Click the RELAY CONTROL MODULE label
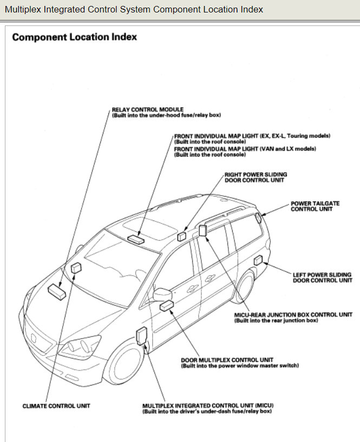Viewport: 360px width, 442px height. [147, 109]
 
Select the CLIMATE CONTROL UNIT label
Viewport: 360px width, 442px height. [56, 406]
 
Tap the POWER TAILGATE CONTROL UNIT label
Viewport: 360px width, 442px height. [315, 206]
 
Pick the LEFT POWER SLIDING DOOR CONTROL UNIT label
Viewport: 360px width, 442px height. [322, 277]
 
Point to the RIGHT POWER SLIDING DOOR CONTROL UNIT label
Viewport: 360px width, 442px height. [256, 178]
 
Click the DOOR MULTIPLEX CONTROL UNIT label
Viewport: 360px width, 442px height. [227, 360]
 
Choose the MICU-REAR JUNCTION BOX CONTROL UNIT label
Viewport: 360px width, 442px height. [293, 315]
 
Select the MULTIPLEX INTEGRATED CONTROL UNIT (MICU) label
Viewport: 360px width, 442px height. [207, 405]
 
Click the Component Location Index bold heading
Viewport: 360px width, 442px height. [74, 37]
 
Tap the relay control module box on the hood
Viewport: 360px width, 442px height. [56, 290]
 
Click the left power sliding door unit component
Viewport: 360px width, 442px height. [258, 261]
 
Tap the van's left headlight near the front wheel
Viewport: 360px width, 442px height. [78, 346]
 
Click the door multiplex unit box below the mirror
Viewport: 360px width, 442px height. [166, 306]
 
